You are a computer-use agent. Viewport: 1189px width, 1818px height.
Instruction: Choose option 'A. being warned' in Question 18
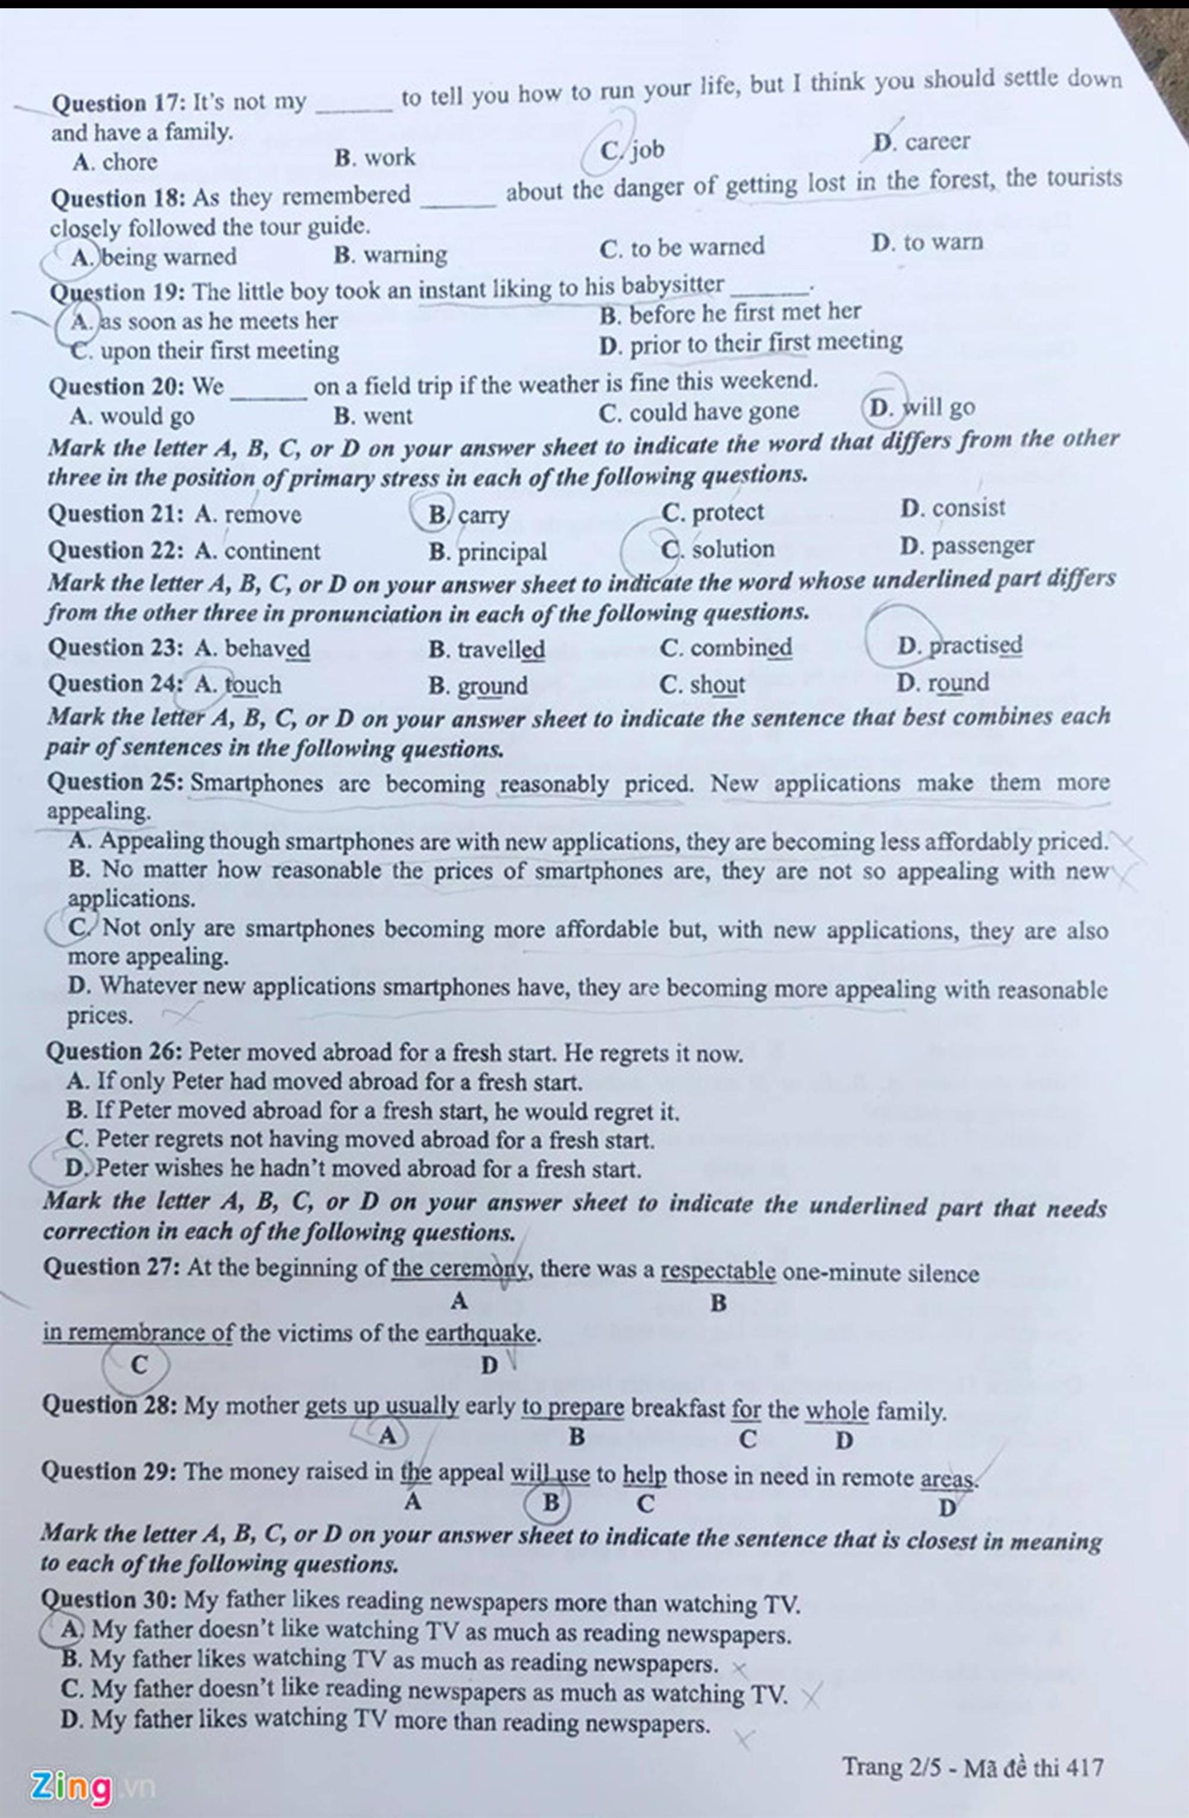pos(153,257)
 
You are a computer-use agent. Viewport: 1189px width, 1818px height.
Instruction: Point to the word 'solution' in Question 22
pos(732,549)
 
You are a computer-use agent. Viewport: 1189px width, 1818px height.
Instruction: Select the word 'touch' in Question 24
pos(253,684)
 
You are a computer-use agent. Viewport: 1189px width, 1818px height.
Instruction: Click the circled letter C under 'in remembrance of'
pos(139,1364)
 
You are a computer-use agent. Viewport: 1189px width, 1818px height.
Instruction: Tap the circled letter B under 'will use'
pos(551,1502)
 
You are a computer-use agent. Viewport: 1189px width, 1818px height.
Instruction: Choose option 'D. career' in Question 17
pos(921,142)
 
